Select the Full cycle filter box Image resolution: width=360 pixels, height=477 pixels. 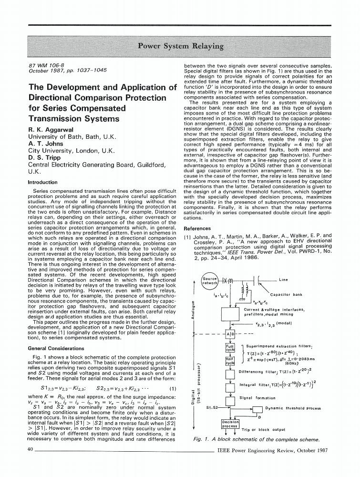pos(230,347)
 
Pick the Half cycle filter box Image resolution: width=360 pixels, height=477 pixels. pos(230,361)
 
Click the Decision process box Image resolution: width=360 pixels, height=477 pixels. pos(230,424)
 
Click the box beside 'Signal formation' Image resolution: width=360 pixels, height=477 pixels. pos(230,397)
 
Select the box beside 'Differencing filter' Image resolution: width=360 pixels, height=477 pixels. pos(230,372)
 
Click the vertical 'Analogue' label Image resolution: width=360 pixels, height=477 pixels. pos(192,311)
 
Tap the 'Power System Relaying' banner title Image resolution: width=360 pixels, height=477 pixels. pos(180,46)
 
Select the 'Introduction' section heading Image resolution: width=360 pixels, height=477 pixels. pos(42,182)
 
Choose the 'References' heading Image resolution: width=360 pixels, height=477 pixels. pos(197,228)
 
